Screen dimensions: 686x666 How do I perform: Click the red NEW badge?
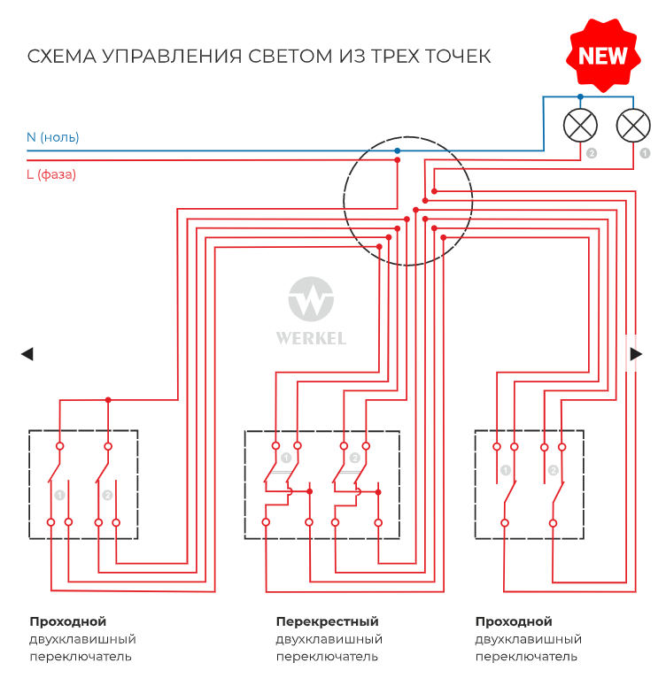click(x=603, y=56)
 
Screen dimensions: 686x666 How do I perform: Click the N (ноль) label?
click(x=52, y=137)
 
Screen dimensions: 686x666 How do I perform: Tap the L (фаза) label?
click(x=50, y=174)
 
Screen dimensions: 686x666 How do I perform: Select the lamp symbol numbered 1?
click(x=632, y=125)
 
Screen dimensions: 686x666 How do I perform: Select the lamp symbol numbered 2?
click(x=581, y=125)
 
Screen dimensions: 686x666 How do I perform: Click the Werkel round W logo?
click(x=311, y=299)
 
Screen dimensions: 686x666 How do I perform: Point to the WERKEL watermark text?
click(x=311, y=338)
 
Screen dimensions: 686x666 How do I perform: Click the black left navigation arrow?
click(x=27, y=354)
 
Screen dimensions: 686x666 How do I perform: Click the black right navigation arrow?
click(x=636, y=354)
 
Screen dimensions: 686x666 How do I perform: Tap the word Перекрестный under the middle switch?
click(x=327, y=621)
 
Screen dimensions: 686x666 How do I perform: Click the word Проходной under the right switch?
click(x=514, y=621)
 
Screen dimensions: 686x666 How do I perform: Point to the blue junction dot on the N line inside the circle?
click(x=397, y=150)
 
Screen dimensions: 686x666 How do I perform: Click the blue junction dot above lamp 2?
click(x=581, y=96)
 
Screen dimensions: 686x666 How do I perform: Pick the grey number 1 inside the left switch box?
click(x=59, y=495)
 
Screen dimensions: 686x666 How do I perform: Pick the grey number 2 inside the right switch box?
click(x=554, y=470)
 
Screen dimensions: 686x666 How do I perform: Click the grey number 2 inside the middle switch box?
click(x=354, y=458)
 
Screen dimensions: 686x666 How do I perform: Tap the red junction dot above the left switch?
click(x=108, y=400)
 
